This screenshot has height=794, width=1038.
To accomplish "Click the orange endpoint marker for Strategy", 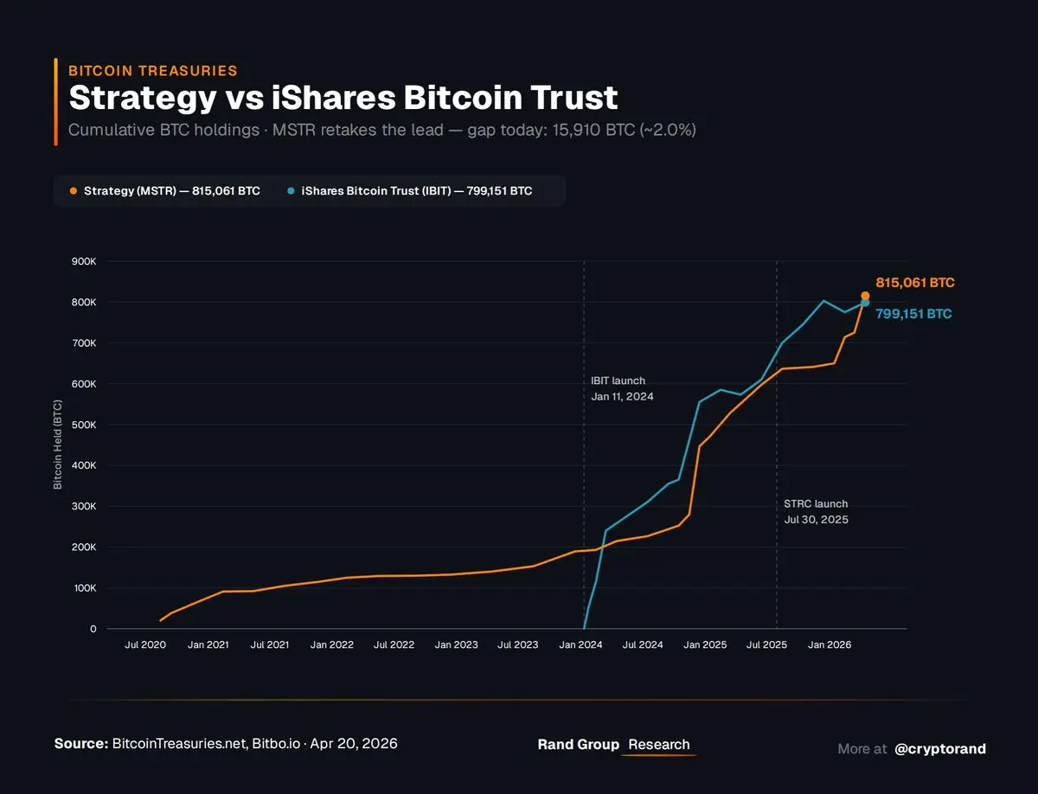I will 865,296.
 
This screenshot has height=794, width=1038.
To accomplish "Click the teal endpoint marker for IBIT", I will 865,303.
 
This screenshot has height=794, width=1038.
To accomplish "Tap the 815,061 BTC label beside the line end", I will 915,283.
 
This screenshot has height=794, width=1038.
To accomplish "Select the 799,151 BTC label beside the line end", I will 913,314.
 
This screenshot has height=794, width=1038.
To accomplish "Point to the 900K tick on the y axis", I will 85,261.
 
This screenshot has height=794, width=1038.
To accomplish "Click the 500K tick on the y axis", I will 85,425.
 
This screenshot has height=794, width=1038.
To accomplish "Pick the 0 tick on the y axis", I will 93,629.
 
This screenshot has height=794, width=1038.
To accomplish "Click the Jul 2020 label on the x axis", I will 145,645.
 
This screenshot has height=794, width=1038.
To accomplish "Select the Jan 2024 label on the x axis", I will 580,645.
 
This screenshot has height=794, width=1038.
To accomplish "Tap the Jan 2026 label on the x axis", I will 829,645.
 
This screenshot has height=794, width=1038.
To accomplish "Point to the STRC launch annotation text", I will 816,511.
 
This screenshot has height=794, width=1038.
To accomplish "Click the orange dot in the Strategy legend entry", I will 73,191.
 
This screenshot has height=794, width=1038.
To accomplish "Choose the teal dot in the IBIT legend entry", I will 291,191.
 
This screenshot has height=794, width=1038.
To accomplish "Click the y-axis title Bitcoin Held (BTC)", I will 58,445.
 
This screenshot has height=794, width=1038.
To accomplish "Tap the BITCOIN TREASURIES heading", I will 152,71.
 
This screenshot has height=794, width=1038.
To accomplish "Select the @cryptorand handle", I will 940,748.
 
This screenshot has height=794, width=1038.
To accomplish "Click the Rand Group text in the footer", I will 578,745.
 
